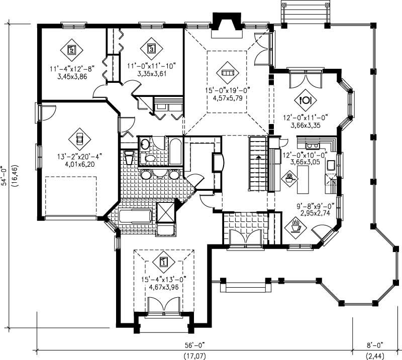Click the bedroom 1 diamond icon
(x=164, y=261)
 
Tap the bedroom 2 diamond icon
(x=72, y=49)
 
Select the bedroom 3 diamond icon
(x=151, y=49)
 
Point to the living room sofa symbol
(x=228, y=73)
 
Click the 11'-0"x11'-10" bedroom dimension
(x=152, y=65)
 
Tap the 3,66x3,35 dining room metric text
(x=306, y=126)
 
